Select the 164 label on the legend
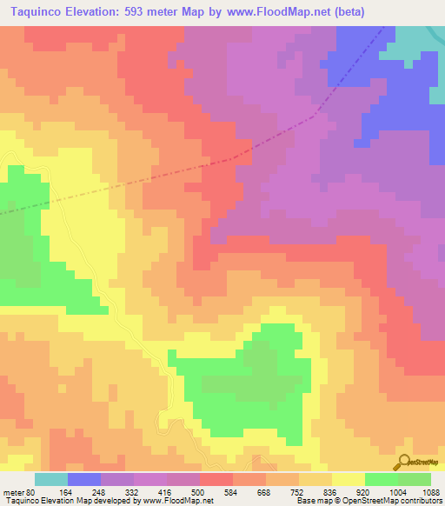click(83, 491)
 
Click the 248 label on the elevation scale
click(117, 491)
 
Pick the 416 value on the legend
click(183, 491)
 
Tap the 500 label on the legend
click(216, 491)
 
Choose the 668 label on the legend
click(282, 491)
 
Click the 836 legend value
click(348, 491)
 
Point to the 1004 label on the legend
click(413, 491)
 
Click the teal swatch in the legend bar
click(51, 479)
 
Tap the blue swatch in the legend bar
click(84, 479)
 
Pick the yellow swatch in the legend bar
click(349, 479)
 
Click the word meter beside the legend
click(13, 491)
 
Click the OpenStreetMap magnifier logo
click(403, 462)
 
